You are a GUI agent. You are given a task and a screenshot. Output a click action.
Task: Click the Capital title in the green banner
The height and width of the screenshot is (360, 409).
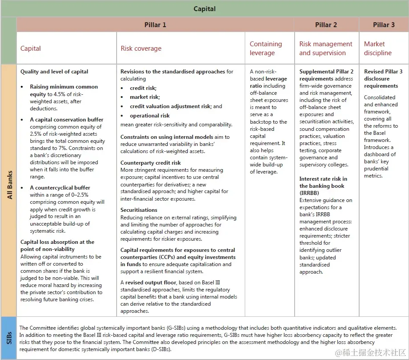point(205,9)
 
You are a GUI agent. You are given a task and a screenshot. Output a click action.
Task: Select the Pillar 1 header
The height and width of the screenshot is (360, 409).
point(155,25)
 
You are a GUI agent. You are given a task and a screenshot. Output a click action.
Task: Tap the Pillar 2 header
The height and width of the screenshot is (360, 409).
point(326,25)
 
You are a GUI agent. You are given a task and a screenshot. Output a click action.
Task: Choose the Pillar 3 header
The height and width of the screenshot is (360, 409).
point(384,25)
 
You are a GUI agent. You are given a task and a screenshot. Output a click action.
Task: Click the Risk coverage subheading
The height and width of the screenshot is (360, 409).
point(141,49)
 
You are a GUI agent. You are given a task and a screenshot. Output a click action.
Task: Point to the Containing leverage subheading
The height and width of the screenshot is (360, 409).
point(266,49)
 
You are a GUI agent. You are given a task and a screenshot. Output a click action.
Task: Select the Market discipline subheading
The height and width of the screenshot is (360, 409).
point(377,49)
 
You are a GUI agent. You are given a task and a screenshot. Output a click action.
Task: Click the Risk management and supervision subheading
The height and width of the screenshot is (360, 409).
point(325,49)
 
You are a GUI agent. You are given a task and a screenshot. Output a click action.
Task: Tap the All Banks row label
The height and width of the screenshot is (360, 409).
point(8,190)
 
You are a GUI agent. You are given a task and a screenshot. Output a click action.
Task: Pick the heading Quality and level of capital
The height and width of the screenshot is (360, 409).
point(54,72)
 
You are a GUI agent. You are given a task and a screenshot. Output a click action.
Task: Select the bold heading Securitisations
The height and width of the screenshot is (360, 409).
point(139,210)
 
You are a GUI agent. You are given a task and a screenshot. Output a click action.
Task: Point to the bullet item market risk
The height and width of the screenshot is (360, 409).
point(145,97)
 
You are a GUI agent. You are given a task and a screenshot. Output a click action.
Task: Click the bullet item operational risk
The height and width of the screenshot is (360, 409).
point(150,116)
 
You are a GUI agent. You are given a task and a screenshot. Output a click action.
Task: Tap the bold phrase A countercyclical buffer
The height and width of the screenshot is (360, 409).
point(60,188)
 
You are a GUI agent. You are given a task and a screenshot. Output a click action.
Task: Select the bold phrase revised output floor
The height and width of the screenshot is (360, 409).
point(150,283)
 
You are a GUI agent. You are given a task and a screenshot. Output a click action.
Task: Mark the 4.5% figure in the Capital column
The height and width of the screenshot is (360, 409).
point(55,94)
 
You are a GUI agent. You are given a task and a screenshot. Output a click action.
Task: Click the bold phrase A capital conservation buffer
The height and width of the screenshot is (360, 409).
point(67,120)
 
